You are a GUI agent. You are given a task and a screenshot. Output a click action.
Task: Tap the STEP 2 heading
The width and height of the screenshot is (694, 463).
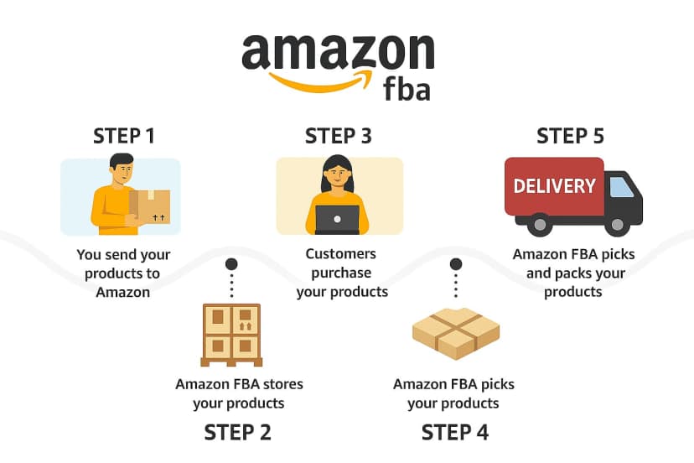coord(238,433)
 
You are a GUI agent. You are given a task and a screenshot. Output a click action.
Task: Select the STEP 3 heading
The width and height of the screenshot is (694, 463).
coord(338,136)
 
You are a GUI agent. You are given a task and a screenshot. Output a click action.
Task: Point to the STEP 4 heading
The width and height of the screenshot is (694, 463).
coord(455,433)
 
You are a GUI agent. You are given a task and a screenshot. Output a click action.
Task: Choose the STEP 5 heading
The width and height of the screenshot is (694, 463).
coord(570,136)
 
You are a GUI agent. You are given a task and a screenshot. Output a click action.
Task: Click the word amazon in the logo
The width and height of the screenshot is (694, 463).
coord(338,53)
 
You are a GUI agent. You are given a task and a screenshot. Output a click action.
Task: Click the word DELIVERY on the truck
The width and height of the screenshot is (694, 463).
coord(554,186)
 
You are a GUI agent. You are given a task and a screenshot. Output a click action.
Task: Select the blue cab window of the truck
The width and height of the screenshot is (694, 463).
coord(621,186)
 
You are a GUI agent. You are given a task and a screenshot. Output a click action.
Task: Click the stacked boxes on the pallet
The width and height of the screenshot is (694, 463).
coord(230,332)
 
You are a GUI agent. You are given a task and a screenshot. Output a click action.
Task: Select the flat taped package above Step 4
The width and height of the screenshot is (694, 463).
coord(455,332)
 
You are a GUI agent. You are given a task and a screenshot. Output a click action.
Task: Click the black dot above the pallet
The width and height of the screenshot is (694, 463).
coord(231,263)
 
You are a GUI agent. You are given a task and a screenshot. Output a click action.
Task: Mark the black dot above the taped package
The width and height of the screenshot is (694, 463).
coord(456,263)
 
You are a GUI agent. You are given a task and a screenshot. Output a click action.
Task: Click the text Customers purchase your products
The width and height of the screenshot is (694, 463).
coord(342,273)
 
